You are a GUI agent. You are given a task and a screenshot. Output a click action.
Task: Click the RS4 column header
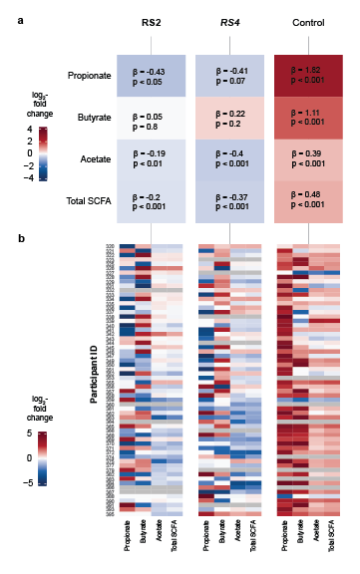229,22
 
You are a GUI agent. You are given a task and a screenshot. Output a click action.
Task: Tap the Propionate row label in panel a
89,76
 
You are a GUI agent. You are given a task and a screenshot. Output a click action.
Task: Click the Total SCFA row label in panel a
88,201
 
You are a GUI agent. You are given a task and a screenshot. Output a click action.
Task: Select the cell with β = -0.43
150,76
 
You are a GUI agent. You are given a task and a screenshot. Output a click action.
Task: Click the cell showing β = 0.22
229,118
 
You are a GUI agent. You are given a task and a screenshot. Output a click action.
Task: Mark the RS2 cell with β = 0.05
150,118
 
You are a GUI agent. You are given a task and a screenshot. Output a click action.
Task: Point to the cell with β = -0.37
229,201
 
